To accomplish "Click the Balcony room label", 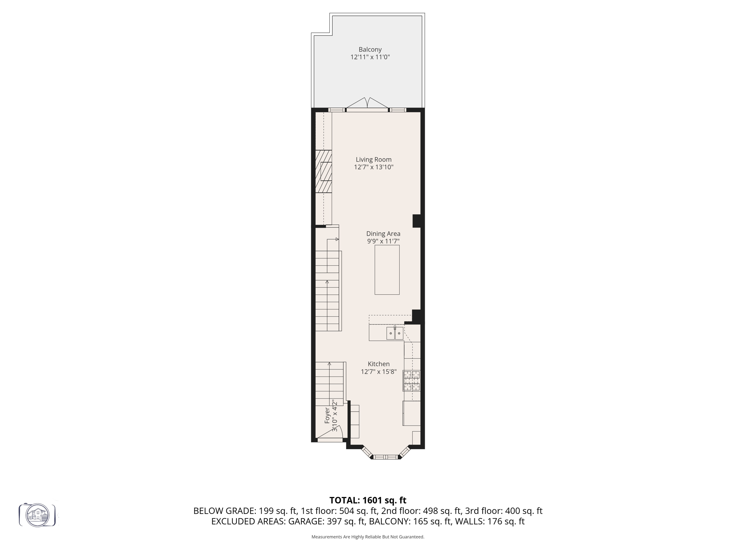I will (x=370, y=50).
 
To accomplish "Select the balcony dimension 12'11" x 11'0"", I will (x=370, y=57).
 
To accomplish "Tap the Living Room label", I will (x=373, y=160).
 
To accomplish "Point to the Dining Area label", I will (x=383, y=234).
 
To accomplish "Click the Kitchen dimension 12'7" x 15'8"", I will (x=378, y=372).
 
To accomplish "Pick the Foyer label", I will (x=327, y=415).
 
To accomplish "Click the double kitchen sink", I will (x=395, y=333).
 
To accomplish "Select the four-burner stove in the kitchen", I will (x=411, y=381).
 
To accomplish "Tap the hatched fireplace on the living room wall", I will (x=323, y=171).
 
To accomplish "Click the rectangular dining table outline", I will (x=387, y=270).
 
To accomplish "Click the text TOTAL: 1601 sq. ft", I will (x=368, y=500).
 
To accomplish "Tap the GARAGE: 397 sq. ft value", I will (x=327, y=521).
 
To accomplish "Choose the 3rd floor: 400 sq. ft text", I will (x=503, y=511).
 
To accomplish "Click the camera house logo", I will (x=37, y=515).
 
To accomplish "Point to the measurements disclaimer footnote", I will (x=368, y=537).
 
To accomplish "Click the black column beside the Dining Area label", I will (x=417, y=221).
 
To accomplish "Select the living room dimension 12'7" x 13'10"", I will (x=373, y=167).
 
